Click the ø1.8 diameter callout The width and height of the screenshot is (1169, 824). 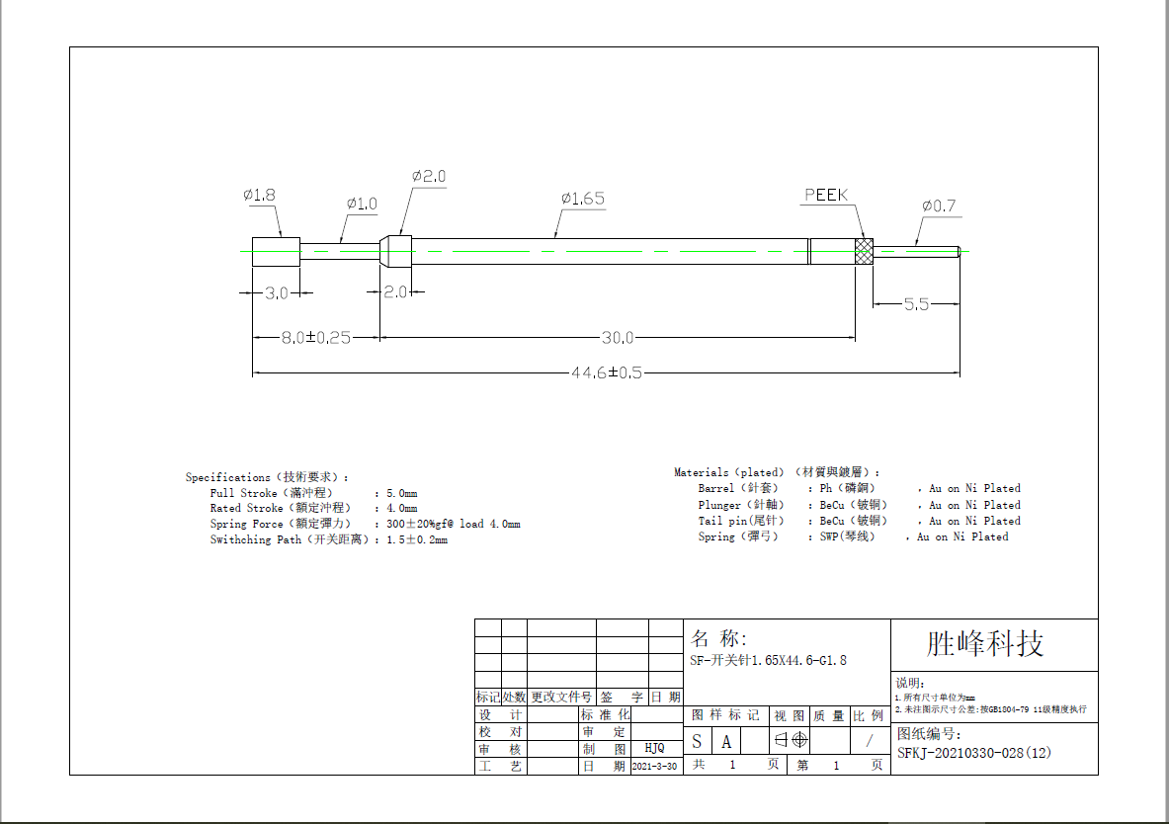[259, 196]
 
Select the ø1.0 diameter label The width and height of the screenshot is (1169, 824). [362, 204]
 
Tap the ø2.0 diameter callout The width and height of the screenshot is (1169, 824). [429, 176]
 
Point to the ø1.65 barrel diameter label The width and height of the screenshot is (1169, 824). [582, 199]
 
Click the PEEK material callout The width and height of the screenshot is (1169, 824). [826, 195]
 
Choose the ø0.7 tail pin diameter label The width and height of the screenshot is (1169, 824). [939, 206]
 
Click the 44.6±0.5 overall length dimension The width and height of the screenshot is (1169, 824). [607, 372]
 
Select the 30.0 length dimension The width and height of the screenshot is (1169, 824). [618, 338]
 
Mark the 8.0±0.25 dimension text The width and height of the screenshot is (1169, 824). [316, 338]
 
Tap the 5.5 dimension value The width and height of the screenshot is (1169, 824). [916, 304]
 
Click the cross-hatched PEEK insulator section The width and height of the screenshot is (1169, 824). [864, 251]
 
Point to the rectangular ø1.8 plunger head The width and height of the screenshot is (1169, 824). [276, 251]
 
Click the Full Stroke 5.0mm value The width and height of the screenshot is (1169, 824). [401, 493]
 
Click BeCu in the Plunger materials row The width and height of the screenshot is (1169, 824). [832, 505]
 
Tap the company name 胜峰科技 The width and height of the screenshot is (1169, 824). [985, 644]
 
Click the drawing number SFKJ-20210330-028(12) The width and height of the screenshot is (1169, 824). [974, 753]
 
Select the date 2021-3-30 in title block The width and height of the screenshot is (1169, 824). [655, 766]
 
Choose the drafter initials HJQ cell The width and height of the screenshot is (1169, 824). [654, 749]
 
